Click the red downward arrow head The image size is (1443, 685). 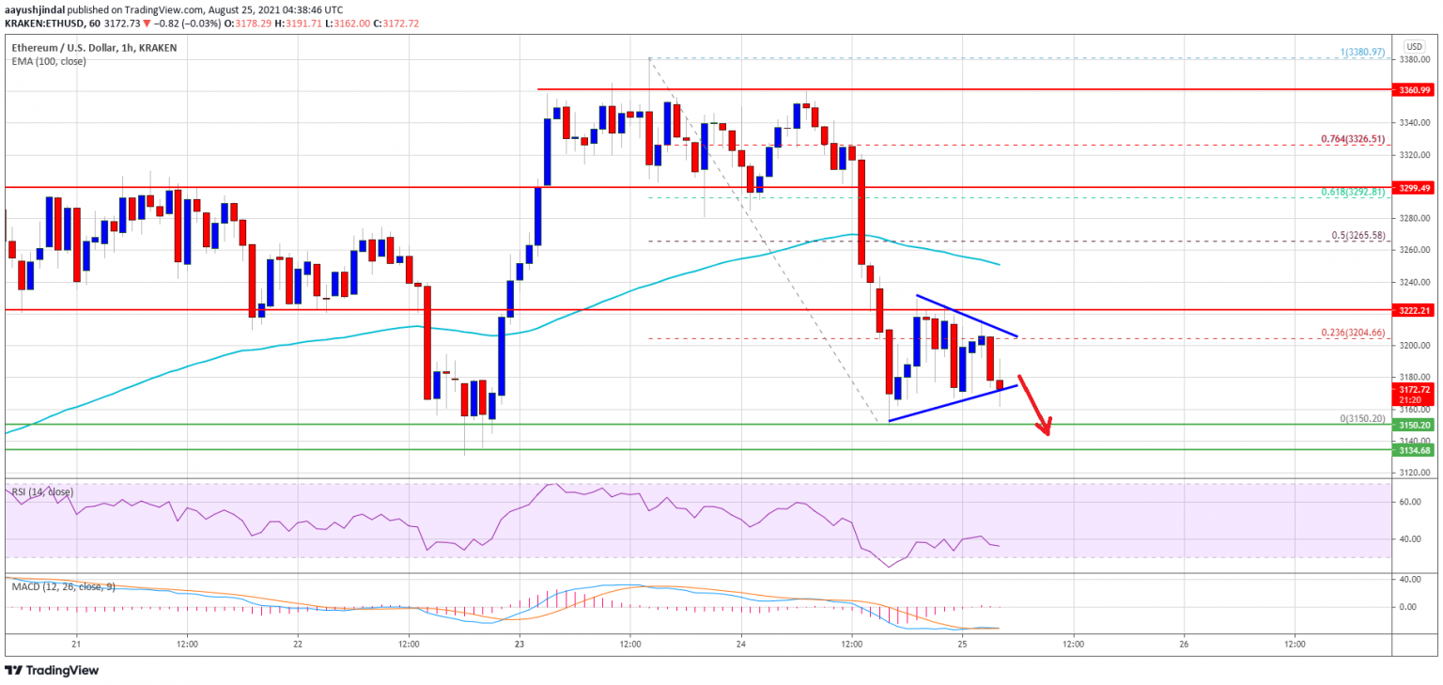click(1045, 428)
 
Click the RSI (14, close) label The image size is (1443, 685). click(42, 491)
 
